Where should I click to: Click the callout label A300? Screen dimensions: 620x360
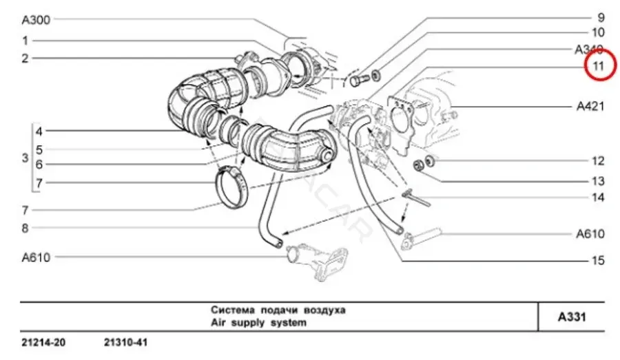pos(36,20)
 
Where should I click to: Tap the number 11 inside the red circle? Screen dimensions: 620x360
pos(598,65)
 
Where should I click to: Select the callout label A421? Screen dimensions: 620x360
pos(590,106)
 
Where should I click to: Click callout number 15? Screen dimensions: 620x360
pos(598,260)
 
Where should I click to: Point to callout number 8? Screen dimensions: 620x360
pos(25,228)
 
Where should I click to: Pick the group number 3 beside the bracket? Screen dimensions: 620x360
pos(25,158)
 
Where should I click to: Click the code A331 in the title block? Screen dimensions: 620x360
pos(572,317)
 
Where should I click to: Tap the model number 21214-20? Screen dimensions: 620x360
pos(43,342)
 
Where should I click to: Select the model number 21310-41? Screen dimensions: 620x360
pos(126,342)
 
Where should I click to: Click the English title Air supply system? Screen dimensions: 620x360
pos(258,323)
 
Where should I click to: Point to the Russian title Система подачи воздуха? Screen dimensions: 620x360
pos(278,310)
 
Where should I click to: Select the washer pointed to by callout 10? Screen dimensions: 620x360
pos(375,74)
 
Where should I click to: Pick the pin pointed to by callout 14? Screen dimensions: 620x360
pos(416,198)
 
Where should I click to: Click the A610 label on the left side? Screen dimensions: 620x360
pos(36,257)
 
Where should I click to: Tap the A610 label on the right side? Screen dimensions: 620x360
pos(590,234)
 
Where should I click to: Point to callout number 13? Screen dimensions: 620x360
pos(598,182)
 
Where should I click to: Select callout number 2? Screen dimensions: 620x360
pos(25,59)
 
